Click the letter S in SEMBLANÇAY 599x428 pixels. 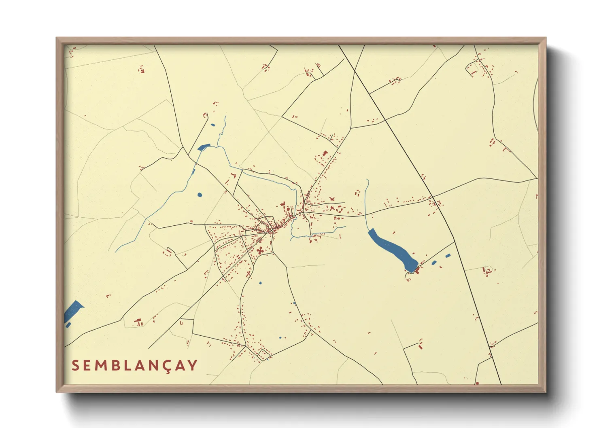pyautogui.click(x=75, y=365)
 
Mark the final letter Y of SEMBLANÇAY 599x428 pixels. pyautogui.click(x=193, y=365)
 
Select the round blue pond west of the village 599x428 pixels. pyautogui.click(x=200, y=195)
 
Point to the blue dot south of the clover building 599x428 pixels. pyautogui.click(x=260, y=282)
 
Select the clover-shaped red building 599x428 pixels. pyautogui.click(x=259, y=250)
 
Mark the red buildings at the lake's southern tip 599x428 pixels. pyautogui.click(x=417, y=270)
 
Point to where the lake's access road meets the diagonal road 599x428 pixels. pyautogui.click(x=455, y=242)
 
